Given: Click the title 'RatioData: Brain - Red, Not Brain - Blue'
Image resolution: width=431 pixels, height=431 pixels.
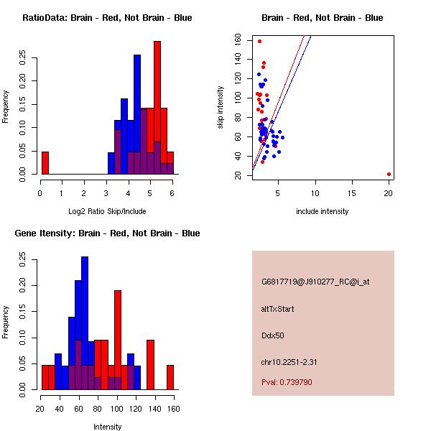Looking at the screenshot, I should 107,18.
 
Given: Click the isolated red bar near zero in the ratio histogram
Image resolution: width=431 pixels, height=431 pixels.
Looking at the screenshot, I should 45,163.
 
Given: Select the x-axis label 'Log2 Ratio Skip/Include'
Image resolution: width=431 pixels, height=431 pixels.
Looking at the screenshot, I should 107,211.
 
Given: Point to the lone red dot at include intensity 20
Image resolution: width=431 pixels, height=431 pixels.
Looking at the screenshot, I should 389,174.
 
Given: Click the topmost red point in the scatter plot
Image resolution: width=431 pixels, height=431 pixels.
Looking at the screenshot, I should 260,41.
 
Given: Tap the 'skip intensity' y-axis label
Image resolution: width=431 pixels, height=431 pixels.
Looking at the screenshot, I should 221,107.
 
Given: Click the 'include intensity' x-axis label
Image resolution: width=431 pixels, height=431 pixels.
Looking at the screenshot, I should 322,211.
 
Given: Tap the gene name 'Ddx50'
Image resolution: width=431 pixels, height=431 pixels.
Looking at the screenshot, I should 273,335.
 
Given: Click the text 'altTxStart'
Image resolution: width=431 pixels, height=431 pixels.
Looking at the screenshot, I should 277,309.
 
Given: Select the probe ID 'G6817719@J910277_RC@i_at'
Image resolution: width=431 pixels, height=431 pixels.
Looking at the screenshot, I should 315,282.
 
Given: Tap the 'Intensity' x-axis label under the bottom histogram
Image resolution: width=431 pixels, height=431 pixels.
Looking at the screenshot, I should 107,427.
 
